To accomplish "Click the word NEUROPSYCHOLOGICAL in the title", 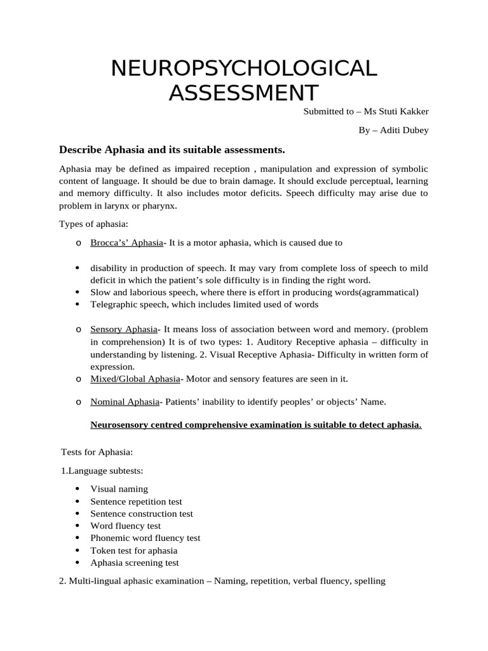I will (x=244, y=67).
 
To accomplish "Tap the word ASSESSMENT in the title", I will (x=244, y=92).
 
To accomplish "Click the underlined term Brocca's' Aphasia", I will (x=127, y=242).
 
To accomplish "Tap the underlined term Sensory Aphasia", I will (x=123, y=329).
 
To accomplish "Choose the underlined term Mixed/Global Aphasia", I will (x=135, y=379).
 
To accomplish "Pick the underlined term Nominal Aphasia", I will (x=126, y=401).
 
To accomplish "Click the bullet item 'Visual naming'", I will (x=119, y=489).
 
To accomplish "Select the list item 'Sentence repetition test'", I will (x=136, y=502).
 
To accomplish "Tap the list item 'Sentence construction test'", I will (x=142, y=514).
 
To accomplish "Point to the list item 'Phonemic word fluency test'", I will (x=145, y=538).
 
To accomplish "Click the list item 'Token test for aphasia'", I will (x=134, y=551).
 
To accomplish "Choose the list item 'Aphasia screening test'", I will (x=135, y=563).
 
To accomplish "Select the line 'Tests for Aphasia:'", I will (x=97, y=451).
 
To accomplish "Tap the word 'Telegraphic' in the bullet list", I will (x=114, y=305).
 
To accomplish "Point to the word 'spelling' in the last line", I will (x=369, y=581).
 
